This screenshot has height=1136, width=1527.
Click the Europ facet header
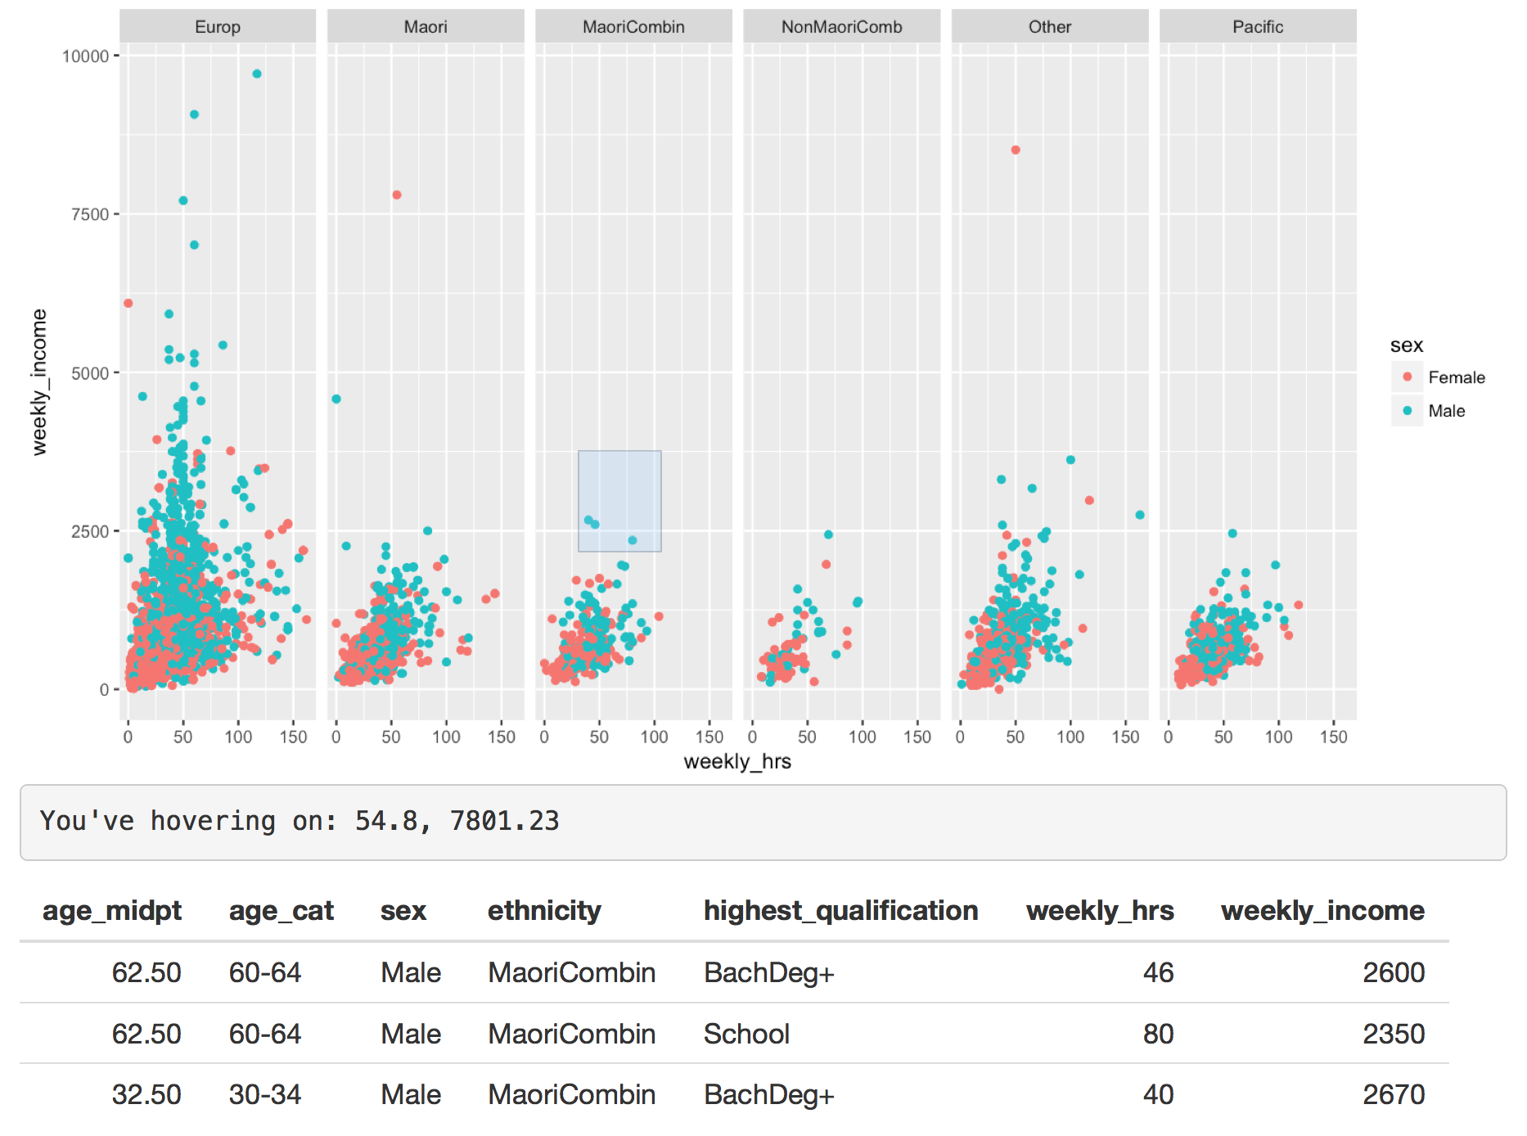(x=218, y=27)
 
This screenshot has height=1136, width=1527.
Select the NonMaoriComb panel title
(x=841, y=27)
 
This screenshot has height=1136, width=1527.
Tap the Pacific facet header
(x=1258, y=27)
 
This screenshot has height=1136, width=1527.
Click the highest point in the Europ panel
(x=257, y=74)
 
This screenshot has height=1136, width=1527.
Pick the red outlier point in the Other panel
(x=1016, y=150)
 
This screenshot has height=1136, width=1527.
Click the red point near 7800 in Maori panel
(x=397, y=195)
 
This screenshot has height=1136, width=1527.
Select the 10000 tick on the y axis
(x=86, y=56)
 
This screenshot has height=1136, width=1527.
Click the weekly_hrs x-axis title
(x=737, y=762)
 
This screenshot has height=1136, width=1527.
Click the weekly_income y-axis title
(x=39, y=382)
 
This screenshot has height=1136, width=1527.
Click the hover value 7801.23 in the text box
(x=504, y=821)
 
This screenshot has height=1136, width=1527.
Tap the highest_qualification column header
(x=840, y=911)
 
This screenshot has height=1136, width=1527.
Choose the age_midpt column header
(x=112, y=911)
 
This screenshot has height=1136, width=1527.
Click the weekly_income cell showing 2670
(x=1393, y=1094)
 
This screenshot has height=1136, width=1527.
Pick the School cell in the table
(x=746, y=1034)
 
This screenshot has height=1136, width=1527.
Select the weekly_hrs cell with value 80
(x=1158, y=1034)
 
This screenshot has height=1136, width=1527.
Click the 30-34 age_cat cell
(x=264, y=1094)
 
